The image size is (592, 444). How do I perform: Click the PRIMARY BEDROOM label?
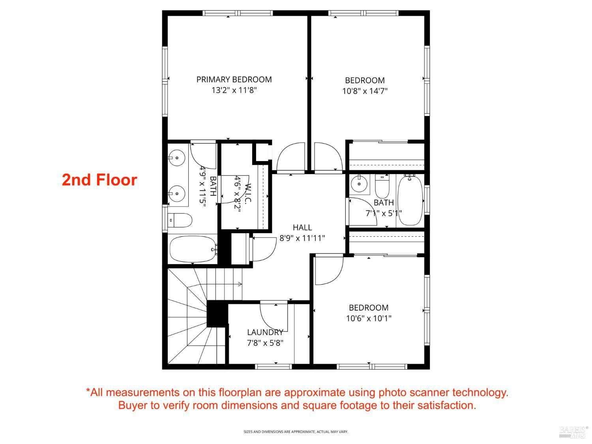click(x=234, y=79)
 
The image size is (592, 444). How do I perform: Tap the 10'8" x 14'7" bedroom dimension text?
click(x=365, y=91)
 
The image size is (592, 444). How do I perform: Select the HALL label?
click(x=302, y=227)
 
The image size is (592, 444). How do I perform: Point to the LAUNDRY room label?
click(x=265, y=332)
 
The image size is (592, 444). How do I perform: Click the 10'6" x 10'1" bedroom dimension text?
click(x=369, y=318)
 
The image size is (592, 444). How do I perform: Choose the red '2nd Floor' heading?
click(x=99, y=180)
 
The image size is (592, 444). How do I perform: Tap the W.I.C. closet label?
click(x=248, y=193)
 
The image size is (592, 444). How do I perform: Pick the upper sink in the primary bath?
click(x=177, y=158)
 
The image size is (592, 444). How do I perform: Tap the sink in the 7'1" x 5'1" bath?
click(x=360, y=184)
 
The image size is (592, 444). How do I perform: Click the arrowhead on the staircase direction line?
click(x=240, y=284)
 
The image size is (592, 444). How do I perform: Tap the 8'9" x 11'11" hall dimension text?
click(x=302, y=238)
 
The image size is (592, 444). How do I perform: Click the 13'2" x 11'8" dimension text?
click(x=234, y=90)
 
